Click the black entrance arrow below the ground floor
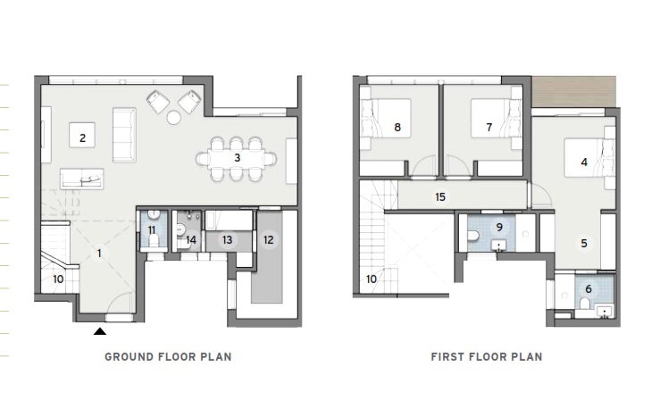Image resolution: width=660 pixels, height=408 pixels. point(101,331)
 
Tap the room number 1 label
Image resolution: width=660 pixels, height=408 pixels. point(98,253)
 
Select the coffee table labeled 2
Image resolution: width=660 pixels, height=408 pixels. point(82,137)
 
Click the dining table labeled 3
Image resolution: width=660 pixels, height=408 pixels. point(237,158)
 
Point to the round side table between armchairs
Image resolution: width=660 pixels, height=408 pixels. point(175,117)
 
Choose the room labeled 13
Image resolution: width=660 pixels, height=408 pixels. point(227,239)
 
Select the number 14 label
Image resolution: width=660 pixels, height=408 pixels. point(192,239)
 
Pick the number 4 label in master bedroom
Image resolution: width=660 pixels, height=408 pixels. point(584,162)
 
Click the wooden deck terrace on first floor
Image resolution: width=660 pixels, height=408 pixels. point(573,92)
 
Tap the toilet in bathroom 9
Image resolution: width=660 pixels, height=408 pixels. point(472,237)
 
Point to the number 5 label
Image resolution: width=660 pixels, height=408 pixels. point(583,242)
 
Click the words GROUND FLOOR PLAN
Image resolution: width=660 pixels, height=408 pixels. point(168,357)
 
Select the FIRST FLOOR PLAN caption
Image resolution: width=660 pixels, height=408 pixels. point(486,357)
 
